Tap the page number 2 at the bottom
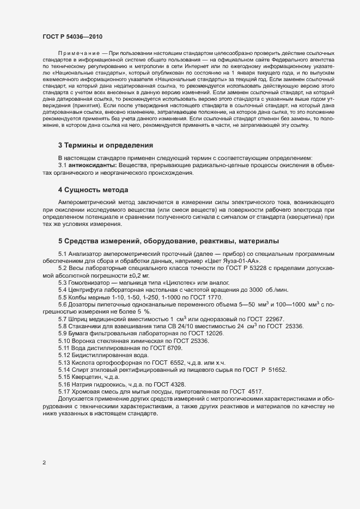coord(44,463)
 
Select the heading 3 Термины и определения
coord(106,145)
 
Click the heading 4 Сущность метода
coord(93,189)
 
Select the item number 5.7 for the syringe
coord(63,318)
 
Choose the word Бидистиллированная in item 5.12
coord(103,355)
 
